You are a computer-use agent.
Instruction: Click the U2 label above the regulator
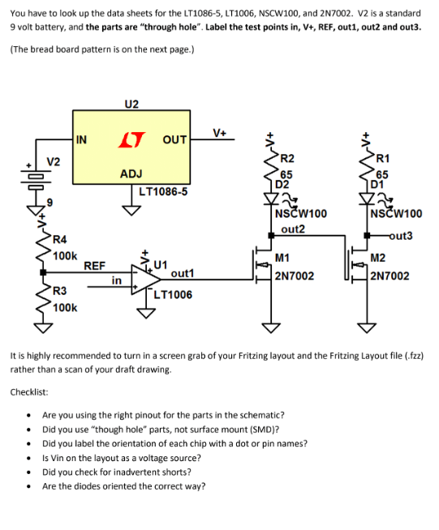click(131, 104)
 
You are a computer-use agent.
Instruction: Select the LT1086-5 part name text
click(163, 192)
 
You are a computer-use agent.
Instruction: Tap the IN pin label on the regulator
click(81, 139)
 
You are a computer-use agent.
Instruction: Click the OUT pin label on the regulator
click(174, 139)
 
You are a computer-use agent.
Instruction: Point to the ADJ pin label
click(131, 173)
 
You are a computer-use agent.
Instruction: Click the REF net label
click(94, 265)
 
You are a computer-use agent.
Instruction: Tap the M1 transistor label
click(282, 259)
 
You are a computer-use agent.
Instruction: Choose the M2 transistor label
click(378, 259)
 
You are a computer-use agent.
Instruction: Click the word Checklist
click(30, 391)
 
